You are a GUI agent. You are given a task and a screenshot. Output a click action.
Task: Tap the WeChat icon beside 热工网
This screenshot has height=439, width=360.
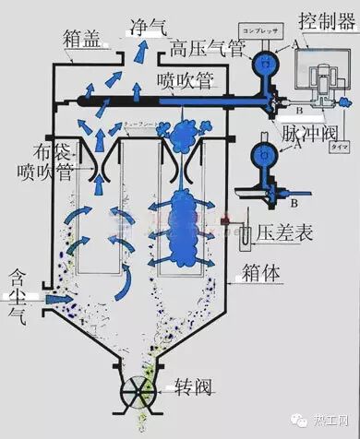(302, 421)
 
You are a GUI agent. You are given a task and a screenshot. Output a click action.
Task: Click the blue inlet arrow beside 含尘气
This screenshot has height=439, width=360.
(59, 300)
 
